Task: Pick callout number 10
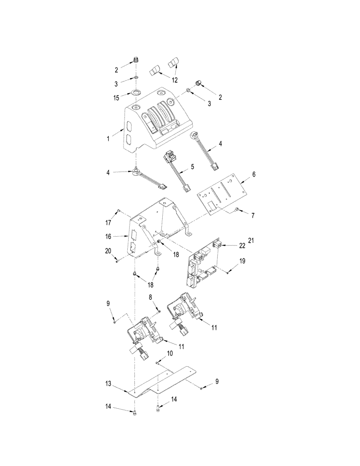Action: click(170, 354)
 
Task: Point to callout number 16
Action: click(109, 236)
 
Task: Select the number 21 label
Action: click(252, 240)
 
